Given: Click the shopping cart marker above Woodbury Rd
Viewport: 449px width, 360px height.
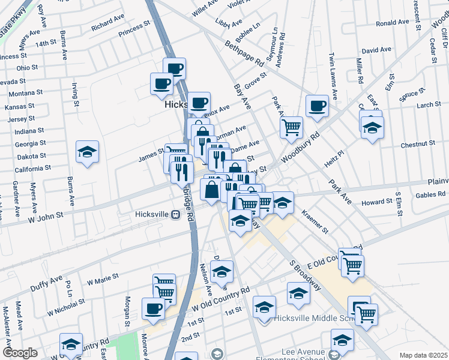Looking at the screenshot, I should click(x=291, y=127).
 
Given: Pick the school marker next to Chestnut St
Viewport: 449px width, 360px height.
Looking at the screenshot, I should click(x=372, y=127).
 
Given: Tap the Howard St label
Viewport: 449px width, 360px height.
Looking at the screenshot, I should click(x=376, y=202).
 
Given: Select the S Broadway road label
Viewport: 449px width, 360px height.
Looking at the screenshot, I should click(x=305, y=270).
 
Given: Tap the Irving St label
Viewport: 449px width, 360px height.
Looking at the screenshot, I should click(x=76, y=94).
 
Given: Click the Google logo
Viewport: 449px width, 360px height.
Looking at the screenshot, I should click(x=20, y=353).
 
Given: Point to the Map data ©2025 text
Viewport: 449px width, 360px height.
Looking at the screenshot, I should click(x=423, y=355).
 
